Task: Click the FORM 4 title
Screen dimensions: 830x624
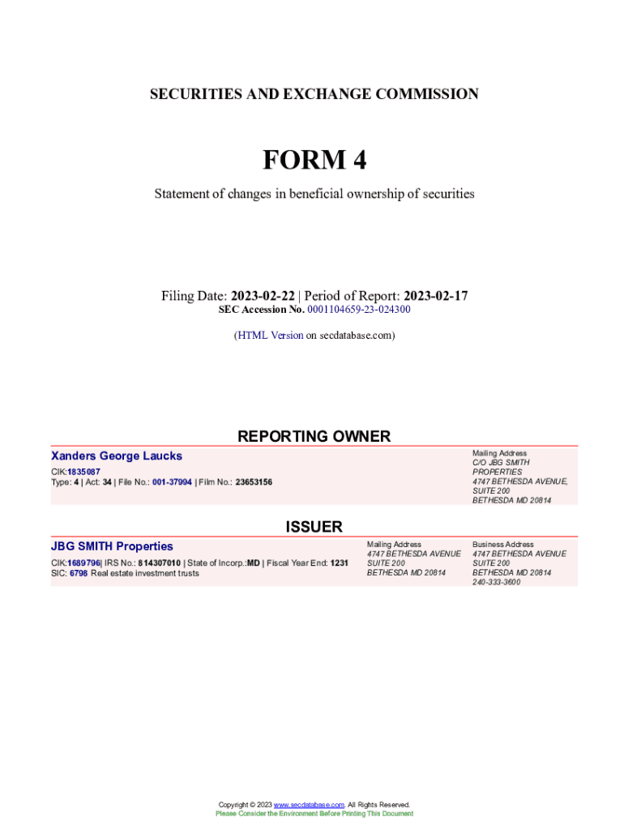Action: pyautogui.click(x=314, y=160)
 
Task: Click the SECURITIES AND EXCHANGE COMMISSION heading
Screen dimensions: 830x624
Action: pyautogui.click(x=314, y=94)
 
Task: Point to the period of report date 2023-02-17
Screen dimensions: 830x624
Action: pyautogui.click(x=435, y=296)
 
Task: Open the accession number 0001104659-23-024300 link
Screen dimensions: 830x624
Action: pyautogui.click(x=358, y=310)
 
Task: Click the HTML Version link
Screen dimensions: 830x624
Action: pyautogui.click(x=270, y=335)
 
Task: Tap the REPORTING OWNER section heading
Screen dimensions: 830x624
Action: pyautogui.click(x=314, y=436)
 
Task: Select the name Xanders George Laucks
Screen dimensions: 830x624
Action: pyautogui.click(x=117, y=456)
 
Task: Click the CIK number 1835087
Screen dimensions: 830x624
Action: pyautogui.click(x=83, y=471)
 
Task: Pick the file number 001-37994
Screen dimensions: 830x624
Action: pyautogui.click(x=172, y=481)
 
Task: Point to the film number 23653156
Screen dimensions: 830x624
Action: pyautogui.click(x=254, y=481)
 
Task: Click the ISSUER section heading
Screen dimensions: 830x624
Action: pyautogui.click(x=314, y=527)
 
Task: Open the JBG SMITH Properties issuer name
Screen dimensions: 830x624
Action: pyautogui.click(x=112, y=546)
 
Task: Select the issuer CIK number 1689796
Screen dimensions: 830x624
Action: pyautogui.click(x=83, y=563)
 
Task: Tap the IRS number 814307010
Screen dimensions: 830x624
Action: pyautogui.click(x=160, y=563)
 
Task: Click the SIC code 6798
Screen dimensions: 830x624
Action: pyautogui.click(x=79, y=573)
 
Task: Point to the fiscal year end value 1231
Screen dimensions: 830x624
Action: pyautogui.click(x=339, y=563)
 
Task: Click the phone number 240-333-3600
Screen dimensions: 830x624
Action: pyautogui.click(x=496, y=582)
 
